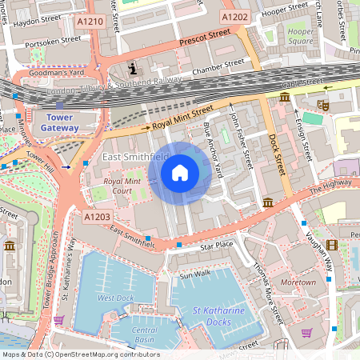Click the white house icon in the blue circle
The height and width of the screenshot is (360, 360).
(x=180, y=172)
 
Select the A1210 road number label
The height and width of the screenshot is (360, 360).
(x=89, y=22)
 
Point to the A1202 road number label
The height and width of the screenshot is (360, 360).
(x=235, y=16)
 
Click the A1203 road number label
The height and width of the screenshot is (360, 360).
(x=97, y=216)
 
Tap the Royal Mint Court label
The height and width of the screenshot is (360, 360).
(x=122, y=186)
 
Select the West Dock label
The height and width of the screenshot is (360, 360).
(x=115, y=298)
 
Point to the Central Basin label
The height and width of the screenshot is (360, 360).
(x=144, y=334)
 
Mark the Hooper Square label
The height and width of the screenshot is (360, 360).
(x=300, y=36)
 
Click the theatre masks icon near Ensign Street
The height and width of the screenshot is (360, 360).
(x=324, y=105)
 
